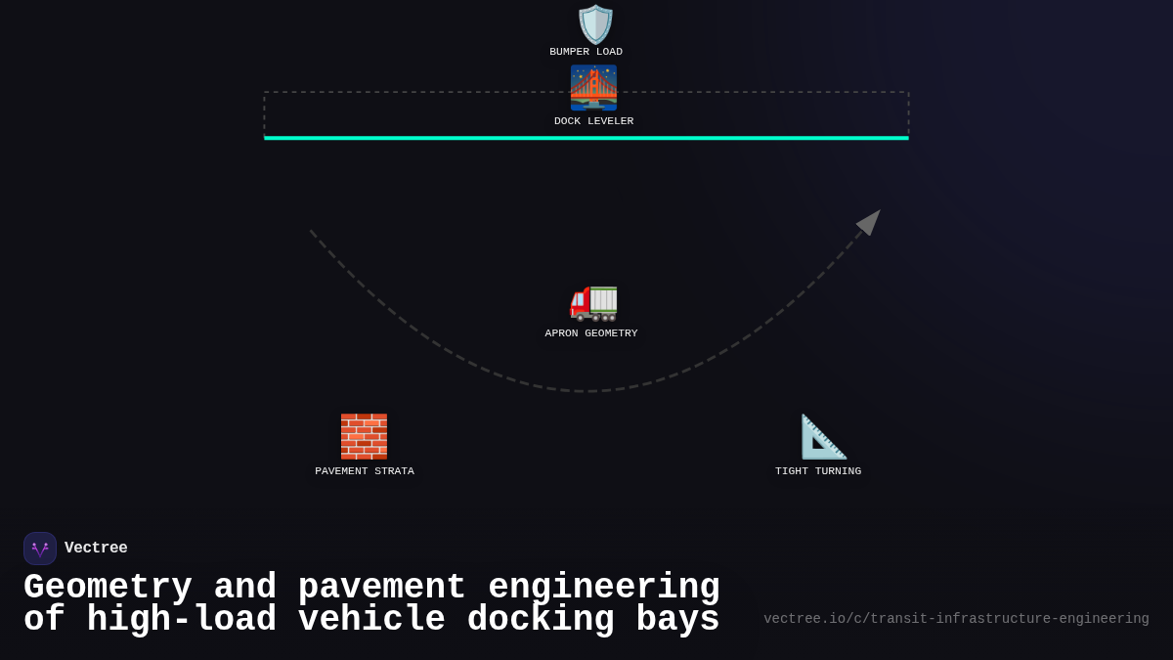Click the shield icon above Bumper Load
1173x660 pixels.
coord(595,23)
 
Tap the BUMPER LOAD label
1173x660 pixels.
coord(586,52)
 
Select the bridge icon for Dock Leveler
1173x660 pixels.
coord(593,87)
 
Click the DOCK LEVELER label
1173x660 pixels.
coord(593,121)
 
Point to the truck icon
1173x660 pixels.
coord(593,301)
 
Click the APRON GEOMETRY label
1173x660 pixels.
coord(590,333)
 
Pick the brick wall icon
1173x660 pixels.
coord(364,436)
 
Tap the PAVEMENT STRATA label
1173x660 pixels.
coord(364,471)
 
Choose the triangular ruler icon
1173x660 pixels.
coord(823,436)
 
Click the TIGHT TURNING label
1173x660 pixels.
coord(818,471)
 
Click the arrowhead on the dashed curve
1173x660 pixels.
coord(869,222)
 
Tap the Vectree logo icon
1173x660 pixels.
coord(40,549)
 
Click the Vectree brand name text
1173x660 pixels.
coord(96,549)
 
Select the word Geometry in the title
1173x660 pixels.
coord(108,588)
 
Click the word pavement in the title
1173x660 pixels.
coord(381,588)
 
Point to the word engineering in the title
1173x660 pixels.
coord(603,588)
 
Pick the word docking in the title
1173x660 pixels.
coord(541,620)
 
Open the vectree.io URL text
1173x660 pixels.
coord(956,619)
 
